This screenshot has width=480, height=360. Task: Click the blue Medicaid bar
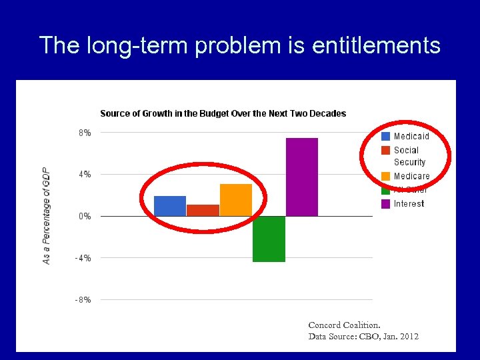point(170,206)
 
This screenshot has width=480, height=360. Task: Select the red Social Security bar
point(203,210)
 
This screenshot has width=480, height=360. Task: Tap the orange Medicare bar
point(236,200)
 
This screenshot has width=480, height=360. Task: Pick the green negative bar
point(269,239)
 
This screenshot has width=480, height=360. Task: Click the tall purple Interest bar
point(302,177)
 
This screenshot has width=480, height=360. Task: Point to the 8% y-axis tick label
point(84,133)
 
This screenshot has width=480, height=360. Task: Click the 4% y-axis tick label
point(84,175)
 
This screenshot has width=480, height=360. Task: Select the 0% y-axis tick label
point(84,216)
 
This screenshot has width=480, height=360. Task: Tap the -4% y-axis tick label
point(83,258)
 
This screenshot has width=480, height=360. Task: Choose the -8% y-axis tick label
point(83,300)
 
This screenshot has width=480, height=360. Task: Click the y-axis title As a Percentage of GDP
point(47,215)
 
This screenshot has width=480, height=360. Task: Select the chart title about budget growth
point(223,113)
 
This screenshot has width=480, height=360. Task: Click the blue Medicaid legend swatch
point(385,136)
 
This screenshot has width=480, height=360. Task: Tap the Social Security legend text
point(409,156)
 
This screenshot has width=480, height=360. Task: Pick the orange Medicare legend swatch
point(385,176)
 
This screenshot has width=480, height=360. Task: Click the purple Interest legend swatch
point(385,203)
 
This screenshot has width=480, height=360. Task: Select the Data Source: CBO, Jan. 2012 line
point(363,337)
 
